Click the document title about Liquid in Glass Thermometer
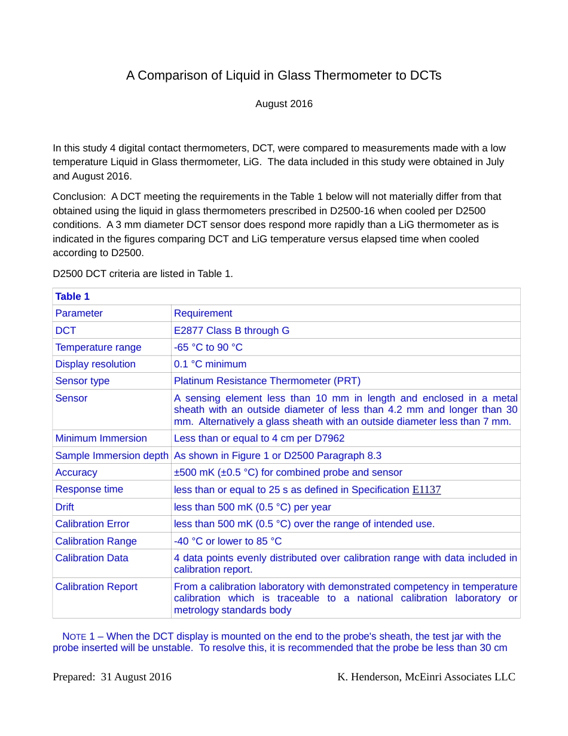tap(283, 76)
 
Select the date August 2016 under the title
tap(284, 104)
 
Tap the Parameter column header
tap(79, 314)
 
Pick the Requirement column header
tap(203, 314)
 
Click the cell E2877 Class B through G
tap(231, 331)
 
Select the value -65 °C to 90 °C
tap(208, 348)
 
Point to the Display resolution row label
tap(95, 364)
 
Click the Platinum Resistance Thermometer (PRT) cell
tap(267, 381)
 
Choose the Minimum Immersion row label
tap(101, 439)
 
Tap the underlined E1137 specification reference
tap(426, 490)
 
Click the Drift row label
tap(65, 507)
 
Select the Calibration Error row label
tap(92, 524)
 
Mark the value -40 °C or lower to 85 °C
tap(227, 542)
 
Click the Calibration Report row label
tap(96, 587)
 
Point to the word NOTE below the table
tap(74, 637)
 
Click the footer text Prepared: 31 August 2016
tap(112, 677)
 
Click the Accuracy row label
tap(76, 473)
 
